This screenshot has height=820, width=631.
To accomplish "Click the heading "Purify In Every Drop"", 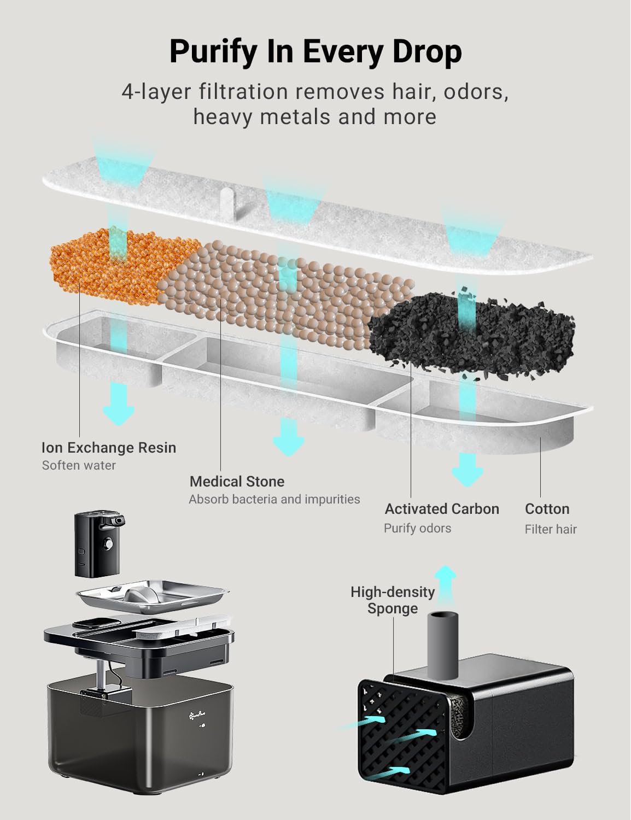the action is point(315,52).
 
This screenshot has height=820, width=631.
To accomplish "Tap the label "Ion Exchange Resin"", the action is point(109,448).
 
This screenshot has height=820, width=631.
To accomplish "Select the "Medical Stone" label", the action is point(237,482).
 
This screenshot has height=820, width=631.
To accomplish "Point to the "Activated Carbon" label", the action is point(442,509).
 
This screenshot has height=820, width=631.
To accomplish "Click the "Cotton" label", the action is point(547,509).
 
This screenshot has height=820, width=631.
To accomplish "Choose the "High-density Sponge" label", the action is point(393,600).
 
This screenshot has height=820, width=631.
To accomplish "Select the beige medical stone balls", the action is point(287,294).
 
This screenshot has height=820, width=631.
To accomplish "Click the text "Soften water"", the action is point(79,465).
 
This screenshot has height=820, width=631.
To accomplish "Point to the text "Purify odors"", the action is point(417,528).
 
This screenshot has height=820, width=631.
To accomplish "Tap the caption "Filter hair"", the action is point(551,529).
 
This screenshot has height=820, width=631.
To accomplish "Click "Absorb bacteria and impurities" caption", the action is point(274,499).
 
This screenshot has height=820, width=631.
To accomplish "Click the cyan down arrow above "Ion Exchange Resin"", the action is point(119,405).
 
